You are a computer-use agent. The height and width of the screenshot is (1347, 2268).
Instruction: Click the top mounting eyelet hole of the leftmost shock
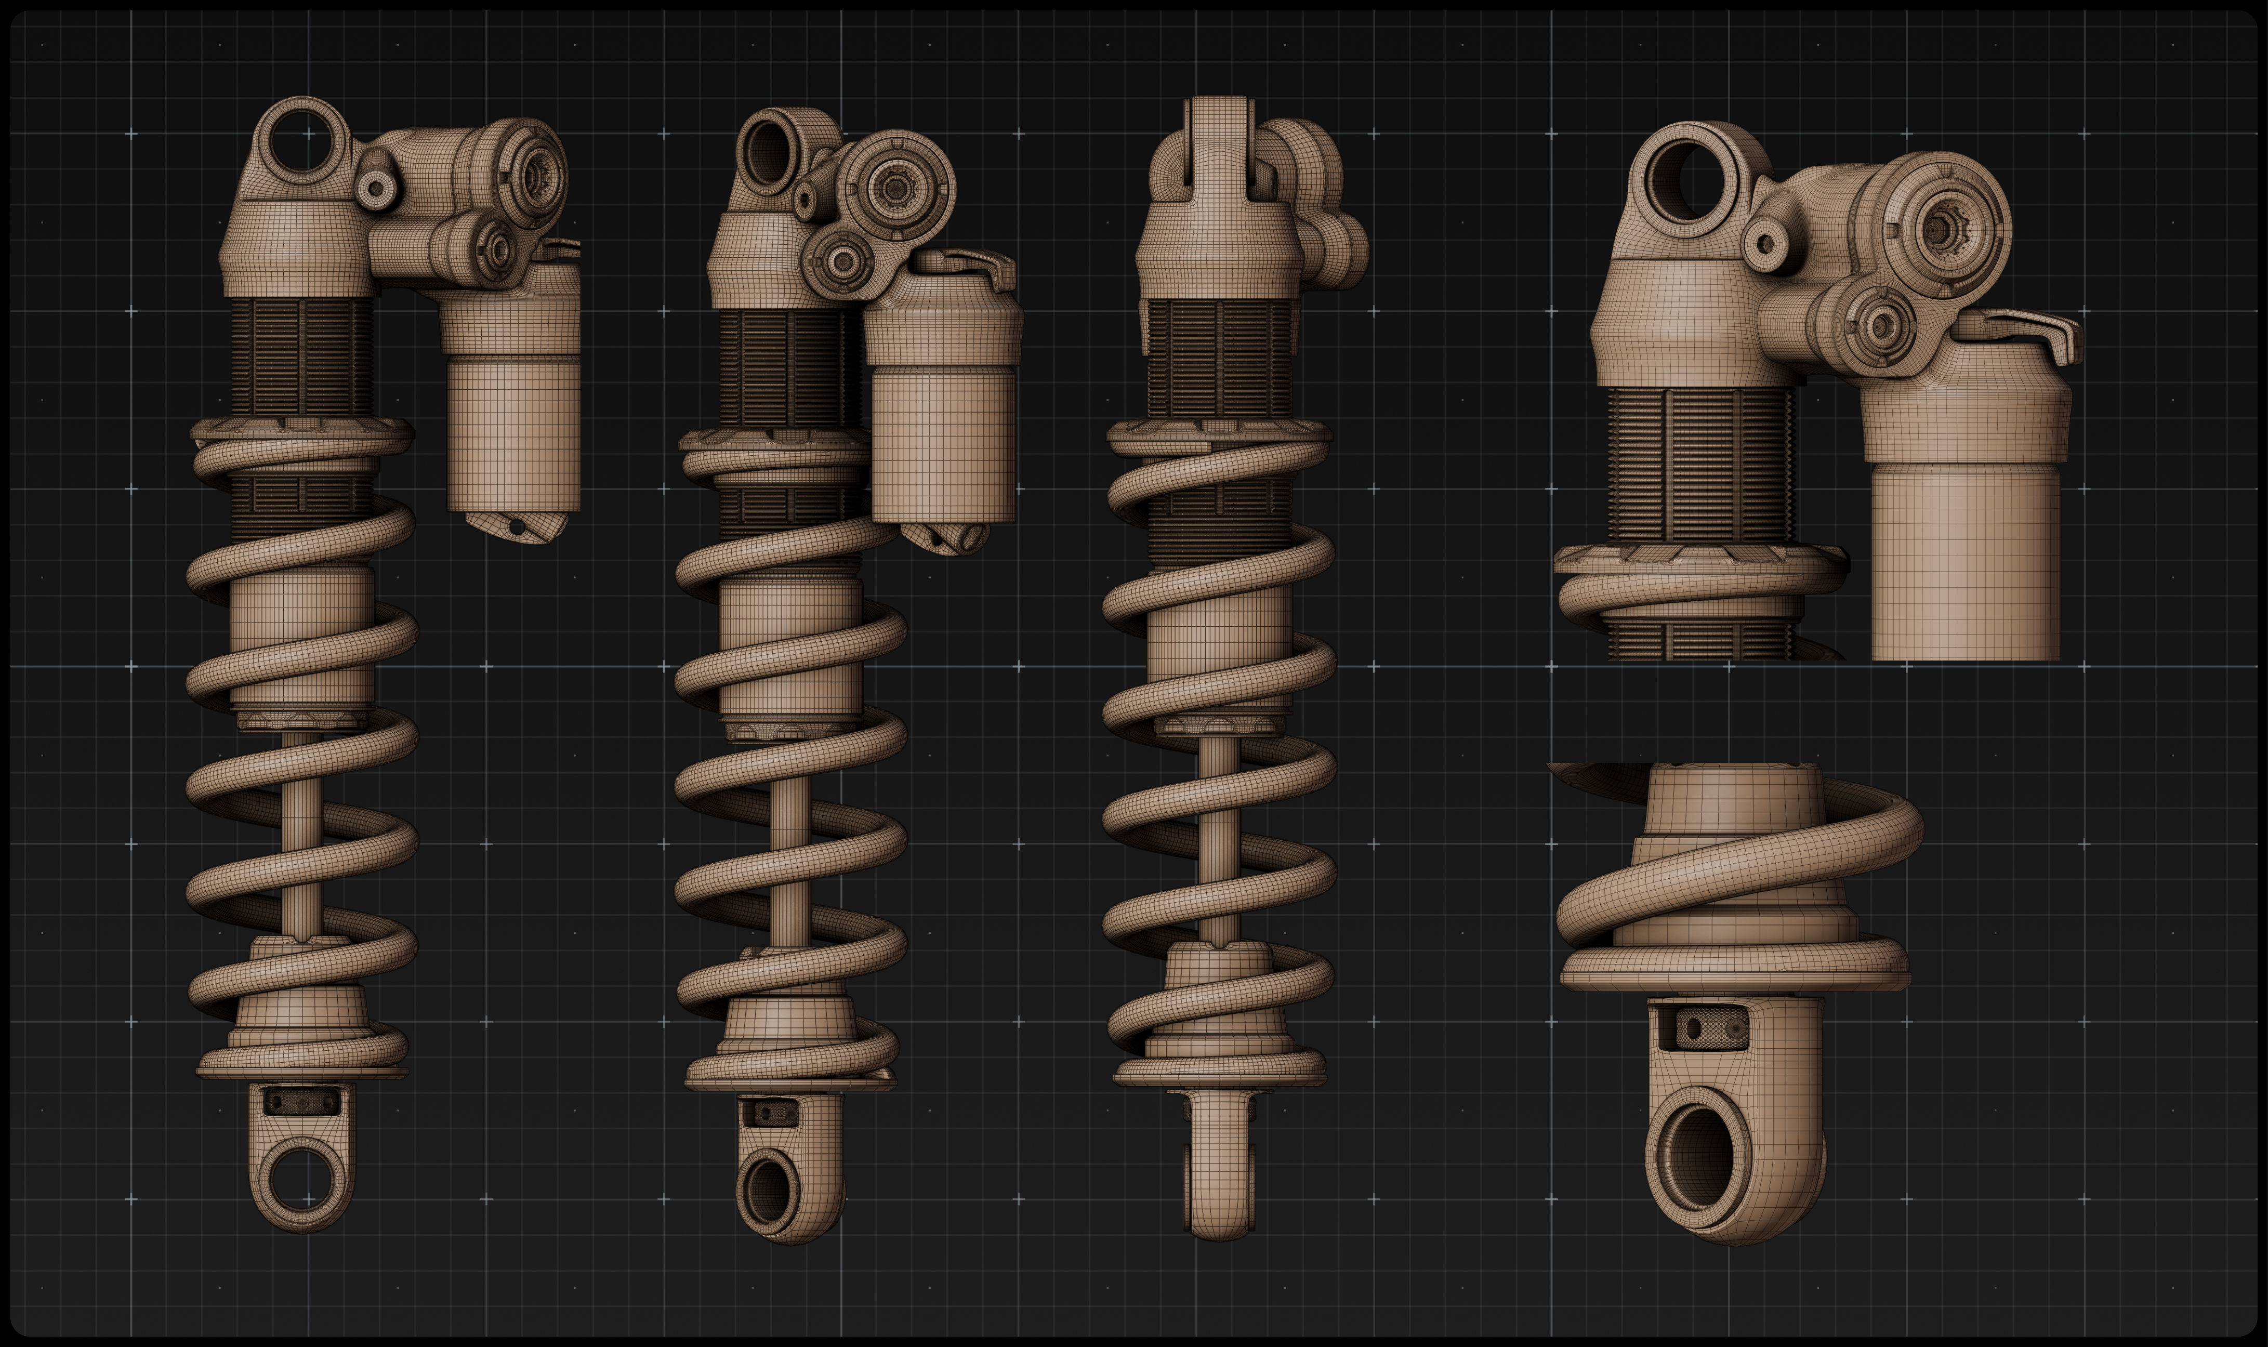pos(301,141)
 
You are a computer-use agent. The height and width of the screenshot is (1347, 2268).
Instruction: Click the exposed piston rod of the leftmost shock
pos(301,835)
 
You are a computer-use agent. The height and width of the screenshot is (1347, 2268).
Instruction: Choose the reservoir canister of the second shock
pos(944,435)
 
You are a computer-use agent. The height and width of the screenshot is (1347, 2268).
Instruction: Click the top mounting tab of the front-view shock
pos(1218,145)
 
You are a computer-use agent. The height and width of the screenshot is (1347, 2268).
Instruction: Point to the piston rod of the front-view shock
pos(1218,835)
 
